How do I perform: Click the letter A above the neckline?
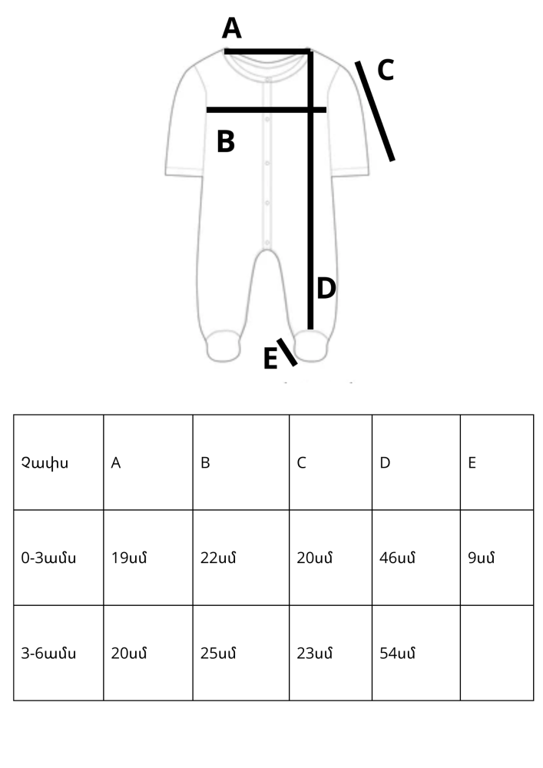click(232, 28)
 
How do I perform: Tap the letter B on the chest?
click(226, 141)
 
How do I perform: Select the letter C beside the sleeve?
click(386, 70)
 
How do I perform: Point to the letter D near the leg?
click(326, 288)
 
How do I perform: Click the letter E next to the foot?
click(270, 358)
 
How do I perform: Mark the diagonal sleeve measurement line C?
click(375, 111)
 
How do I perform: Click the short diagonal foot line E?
click(287, 353)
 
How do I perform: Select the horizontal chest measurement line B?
click(267, 110)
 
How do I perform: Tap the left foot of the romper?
click(223, 346)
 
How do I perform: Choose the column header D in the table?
click(385, 463)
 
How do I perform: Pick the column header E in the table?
click(472, 463)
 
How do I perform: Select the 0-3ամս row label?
click(48, 558)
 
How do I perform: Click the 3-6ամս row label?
click(48, 654)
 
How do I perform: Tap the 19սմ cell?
click(129, 558)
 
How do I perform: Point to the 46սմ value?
click(398, 558)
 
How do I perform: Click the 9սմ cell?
click(482, 558)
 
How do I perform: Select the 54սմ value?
click(398, 654)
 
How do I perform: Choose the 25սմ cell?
click(218, 654)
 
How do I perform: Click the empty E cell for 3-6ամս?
click(497, 653)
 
